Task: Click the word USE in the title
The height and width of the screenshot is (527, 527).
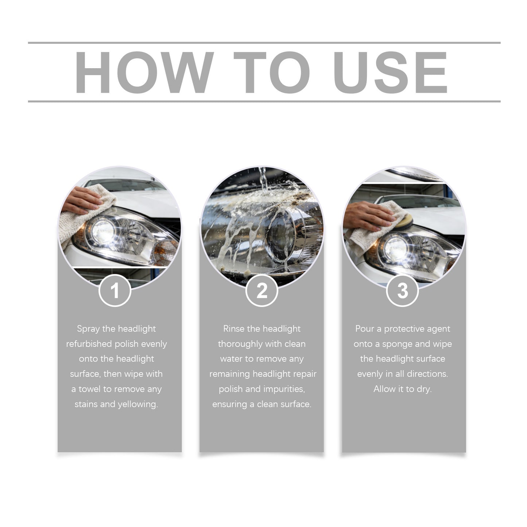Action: pyautogui.click(x=390, y=72)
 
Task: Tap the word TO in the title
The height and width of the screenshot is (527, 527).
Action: pyautogui.click(x=272, y=72)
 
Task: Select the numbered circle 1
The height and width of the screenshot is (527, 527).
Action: pyautogui.click(x=115, y=291)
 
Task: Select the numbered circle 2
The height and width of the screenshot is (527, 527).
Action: pyautogui.click(x=262, y=291)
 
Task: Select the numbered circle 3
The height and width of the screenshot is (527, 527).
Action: pyautogui.click(x=402, y=291)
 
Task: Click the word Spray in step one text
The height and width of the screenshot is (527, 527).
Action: pyautogui.click(x=88, y=329)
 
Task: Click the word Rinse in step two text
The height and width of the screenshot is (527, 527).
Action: pyautogui.click(x=234, y=329)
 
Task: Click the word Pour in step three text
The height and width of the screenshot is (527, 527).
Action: pyautogui.click(x=365, y=329)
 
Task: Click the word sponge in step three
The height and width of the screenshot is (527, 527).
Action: pyautogui.click(x=397, y=344)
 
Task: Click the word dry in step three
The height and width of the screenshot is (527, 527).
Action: pyautogui.click(x=424, y=389)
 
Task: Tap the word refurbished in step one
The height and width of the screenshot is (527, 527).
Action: pyautogui.click(x=89, y=344)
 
